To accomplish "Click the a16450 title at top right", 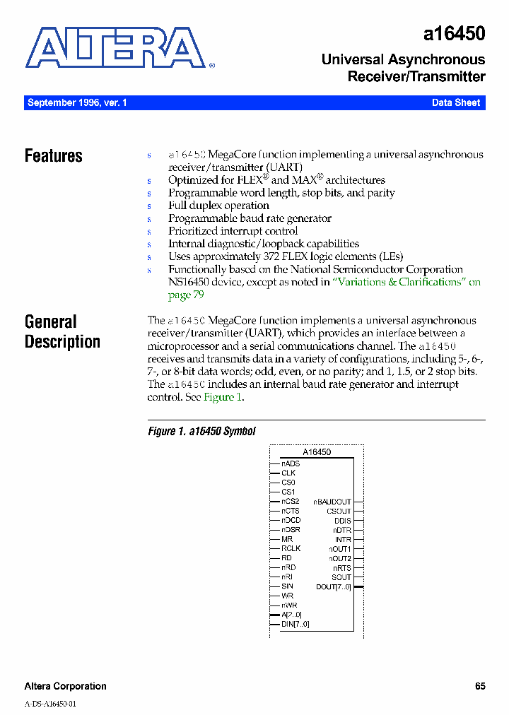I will pyautogui.click(x=455, y=34).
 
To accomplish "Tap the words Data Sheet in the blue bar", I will pyautogui.click(x=456, y=103).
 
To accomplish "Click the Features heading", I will pyautogui.click(x=54, y=156).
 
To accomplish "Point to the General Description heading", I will pyautogui.click(x=62, y=332).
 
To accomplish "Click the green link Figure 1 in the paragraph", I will pyautogui.click(x=223, y=397).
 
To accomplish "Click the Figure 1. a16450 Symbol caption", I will pyautogui.click(x=201, y=432).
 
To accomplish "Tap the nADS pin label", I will pyautogui.click(x=291, y=463).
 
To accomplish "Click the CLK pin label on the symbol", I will pyautogui.click(x=288, y=473).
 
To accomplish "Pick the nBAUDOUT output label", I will pyautogui.click(x=332, y=502).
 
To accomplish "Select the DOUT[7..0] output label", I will pyautogui.click(x=334, y=587).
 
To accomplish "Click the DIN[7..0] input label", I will pyautogui.click(x=295, y=624).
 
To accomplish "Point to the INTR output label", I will pyautogui.click(x=343, y=539).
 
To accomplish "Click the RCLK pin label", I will pyautogui.click(x=291, y=548).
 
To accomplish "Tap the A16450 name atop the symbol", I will pyautogui.click(x=317, y=451).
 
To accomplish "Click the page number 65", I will pyautogui.click(x=480, y=686).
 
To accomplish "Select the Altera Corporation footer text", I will pyautogui.click(x=66, y=686).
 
